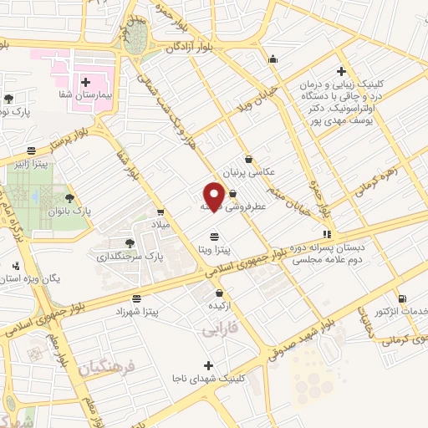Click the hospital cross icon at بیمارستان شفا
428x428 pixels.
86,82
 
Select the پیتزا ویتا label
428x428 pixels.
215,249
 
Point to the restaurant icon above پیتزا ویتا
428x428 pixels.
215,236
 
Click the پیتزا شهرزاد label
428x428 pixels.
137,311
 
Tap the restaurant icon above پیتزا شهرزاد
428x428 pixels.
136,298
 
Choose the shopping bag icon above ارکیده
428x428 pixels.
219,293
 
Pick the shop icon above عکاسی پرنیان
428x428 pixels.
248,158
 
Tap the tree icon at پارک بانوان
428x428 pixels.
69,198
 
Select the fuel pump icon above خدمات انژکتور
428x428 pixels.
403,298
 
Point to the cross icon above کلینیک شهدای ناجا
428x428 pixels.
208,365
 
